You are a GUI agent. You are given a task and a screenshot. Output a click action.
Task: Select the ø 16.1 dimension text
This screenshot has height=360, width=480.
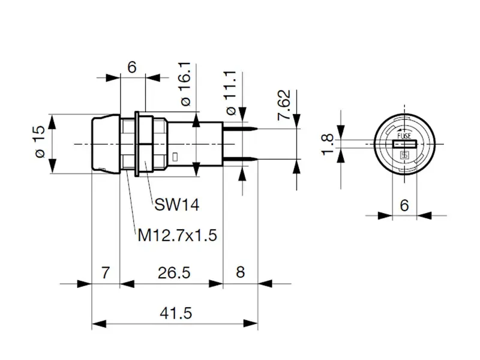coord(185,83)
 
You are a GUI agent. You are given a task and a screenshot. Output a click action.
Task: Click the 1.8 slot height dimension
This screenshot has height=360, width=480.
coord(328,144)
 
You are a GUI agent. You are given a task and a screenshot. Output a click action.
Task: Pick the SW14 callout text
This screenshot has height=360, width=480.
coord(176,205)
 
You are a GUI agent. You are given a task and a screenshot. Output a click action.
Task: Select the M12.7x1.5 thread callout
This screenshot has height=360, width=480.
coord(177,235)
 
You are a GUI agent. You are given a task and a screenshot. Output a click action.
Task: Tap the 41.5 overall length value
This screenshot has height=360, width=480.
coord(175,313)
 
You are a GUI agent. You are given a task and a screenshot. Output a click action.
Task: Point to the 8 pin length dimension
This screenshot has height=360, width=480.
coord(240,273)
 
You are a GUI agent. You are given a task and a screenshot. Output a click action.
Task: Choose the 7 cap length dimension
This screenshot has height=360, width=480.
coord(105,273)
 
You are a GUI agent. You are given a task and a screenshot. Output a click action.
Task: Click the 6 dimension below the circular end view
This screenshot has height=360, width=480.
coord(404,205)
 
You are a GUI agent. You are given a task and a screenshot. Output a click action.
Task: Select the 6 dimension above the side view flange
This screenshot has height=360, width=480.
coord(132,67)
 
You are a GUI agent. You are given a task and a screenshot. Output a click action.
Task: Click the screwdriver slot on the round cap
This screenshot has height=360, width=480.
coord(405,145)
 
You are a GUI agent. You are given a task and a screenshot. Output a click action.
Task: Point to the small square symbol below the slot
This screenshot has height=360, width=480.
coord(404,155)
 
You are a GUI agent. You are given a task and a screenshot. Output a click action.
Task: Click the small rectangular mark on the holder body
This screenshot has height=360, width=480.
coord(174,157)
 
